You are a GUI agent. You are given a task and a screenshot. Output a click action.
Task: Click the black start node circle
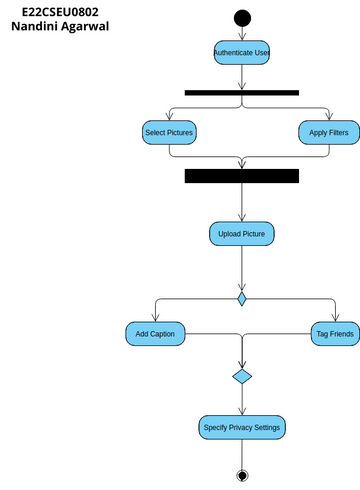(x=241, y=17)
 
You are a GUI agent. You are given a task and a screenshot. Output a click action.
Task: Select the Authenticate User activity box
(x=241, y=52)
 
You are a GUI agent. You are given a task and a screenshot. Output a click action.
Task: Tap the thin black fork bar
(x=241, y=92)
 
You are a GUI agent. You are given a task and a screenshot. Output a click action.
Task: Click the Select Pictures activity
(x=169, y=132)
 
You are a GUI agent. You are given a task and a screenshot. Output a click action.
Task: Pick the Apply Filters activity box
(x=328, y=132)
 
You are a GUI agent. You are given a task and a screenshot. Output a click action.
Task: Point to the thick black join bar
(x=241, y=176)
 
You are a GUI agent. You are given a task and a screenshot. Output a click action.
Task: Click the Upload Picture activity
(x=241, y=234)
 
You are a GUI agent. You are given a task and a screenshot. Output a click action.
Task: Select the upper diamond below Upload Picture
(x=241, y=298)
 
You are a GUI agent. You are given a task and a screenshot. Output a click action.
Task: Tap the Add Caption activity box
(x=155, y=334)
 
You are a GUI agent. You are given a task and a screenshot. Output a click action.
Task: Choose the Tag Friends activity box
(x=334, y=334)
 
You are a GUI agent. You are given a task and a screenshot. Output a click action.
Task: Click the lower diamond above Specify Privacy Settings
(x=241, y=376)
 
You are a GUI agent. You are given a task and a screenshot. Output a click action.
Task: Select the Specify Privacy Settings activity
(x=241, y=427)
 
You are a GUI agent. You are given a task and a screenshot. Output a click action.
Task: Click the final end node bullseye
(x=241, y=474)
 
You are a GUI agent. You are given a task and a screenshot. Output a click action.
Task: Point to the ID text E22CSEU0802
(x=60, y=11)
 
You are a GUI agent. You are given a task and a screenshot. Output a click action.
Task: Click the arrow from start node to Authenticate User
(x=241, y=33)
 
